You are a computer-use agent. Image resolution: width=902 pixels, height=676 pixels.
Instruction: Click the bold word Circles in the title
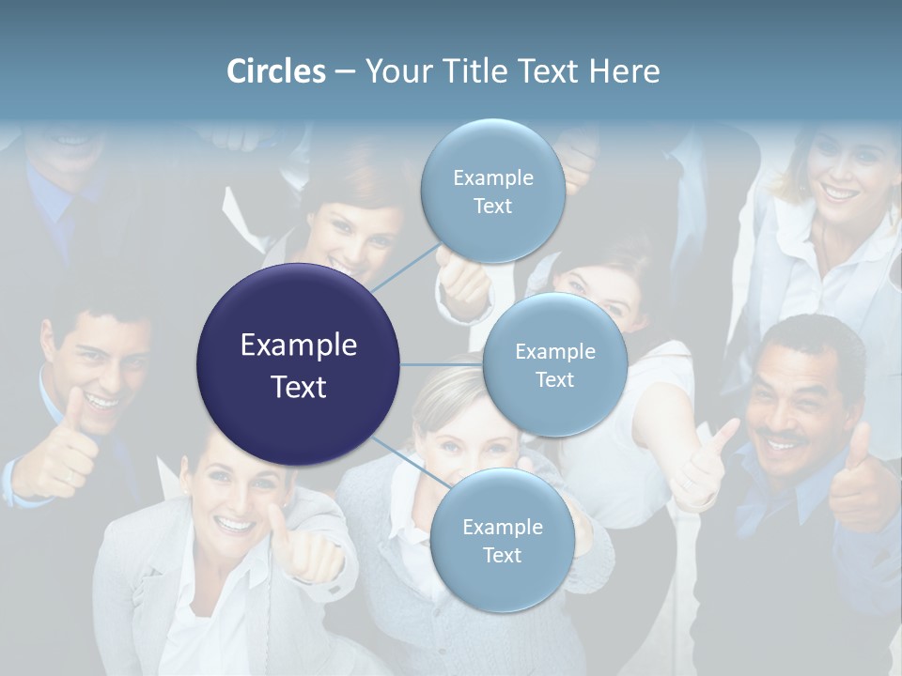point(276,71)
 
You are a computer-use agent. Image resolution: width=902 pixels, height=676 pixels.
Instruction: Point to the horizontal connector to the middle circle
point(442,364)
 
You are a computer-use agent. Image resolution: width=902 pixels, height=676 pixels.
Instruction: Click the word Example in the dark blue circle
point(299,346)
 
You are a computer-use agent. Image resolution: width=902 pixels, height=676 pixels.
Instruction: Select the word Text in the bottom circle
point(502,556)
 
